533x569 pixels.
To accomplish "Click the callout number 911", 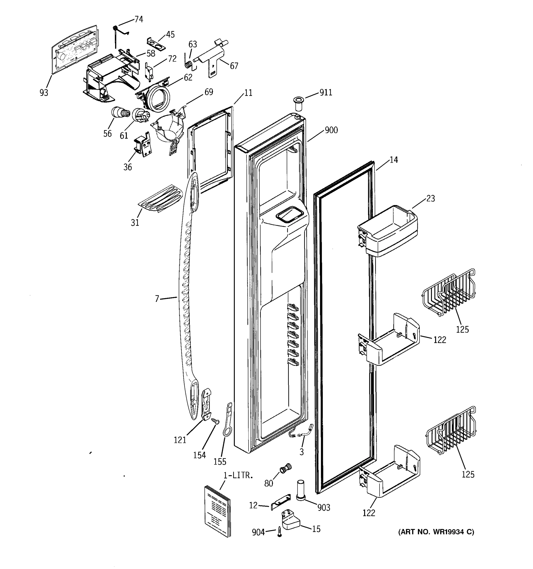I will coord(326,92).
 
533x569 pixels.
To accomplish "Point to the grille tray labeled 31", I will coord(161,198).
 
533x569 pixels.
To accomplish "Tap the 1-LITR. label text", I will coord(238,475).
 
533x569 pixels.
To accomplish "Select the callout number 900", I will coord(331,130).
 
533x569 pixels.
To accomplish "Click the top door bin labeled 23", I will coord(388,231).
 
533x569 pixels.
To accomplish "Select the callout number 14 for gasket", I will coord(393,160).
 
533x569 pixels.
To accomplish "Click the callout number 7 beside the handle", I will coord(157,299).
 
